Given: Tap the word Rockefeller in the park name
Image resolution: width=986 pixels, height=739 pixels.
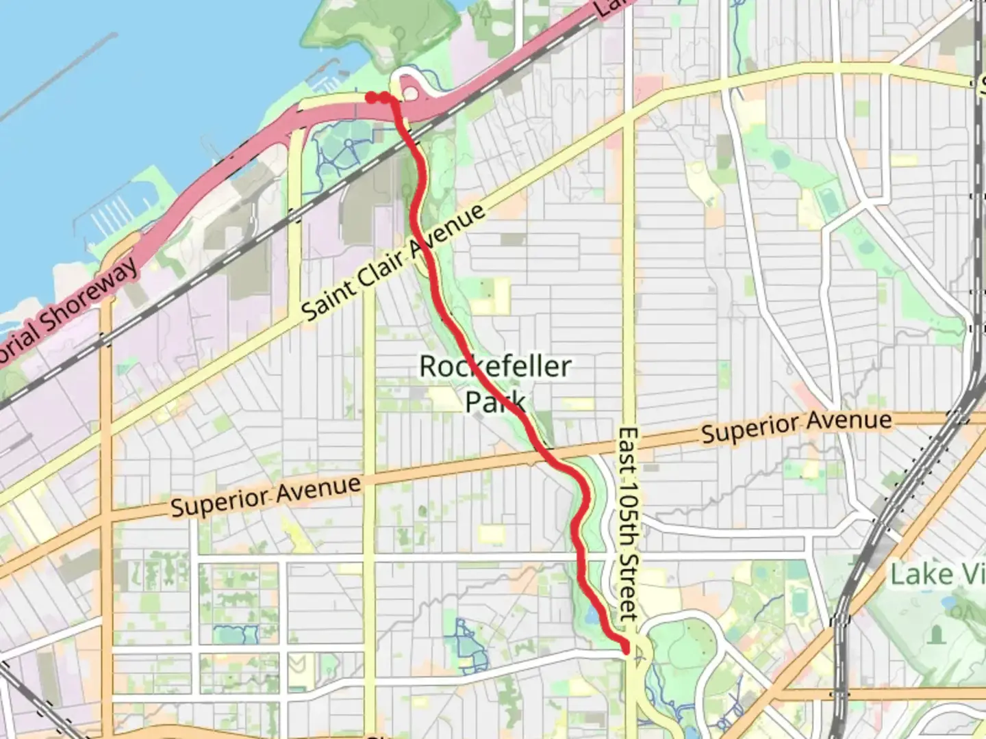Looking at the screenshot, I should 494,367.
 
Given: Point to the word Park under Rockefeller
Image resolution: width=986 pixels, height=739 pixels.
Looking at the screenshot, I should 495,402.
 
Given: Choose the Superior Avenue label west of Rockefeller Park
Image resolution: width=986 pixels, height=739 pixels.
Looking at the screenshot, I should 266,496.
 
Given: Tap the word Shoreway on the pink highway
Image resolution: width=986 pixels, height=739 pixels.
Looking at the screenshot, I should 89,291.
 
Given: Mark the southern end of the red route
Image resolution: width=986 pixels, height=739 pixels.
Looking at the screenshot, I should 625,647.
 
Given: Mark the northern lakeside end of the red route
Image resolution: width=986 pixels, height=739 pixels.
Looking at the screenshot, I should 370,98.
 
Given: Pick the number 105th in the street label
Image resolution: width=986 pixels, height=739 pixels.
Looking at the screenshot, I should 628,519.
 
